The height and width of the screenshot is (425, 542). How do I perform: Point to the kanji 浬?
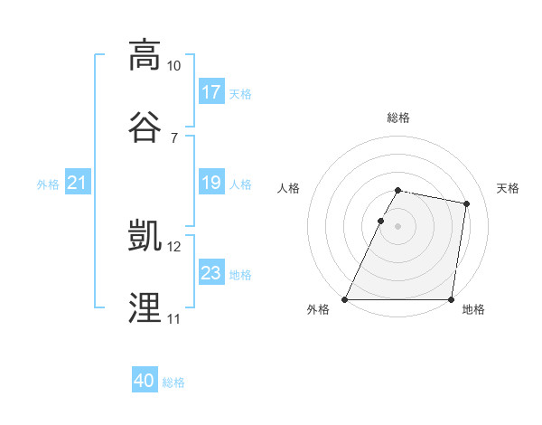(145, 307)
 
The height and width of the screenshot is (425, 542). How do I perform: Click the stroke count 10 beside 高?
(174, 66)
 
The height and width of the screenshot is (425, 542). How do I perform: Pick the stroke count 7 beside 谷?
(174, 137)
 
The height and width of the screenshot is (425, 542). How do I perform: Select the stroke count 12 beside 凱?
(174, 247)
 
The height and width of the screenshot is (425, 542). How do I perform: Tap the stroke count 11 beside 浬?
(173, 319)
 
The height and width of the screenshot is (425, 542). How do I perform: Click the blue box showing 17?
(211, 92)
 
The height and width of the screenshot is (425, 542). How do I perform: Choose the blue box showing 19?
(211, 184)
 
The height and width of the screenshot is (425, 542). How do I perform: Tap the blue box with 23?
(211, 273)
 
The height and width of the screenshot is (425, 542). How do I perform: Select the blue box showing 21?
(77, 184)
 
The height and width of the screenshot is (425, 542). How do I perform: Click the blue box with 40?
(145, 382)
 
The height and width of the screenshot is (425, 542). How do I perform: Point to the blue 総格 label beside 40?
(173, 382)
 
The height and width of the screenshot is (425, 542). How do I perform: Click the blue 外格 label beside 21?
(48, 184)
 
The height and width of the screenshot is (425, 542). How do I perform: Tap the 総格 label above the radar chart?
(398, 118)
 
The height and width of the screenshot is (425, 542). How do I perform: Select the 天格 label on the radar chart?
(508, 188)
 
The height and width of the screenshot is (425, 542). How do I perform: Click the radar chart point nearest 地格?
(451, 299)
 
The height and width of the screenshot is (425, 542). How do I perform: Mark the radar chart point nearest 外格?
(345, 299)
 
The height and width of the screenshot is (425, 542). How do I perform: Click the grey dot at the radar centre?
(398, 226)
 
